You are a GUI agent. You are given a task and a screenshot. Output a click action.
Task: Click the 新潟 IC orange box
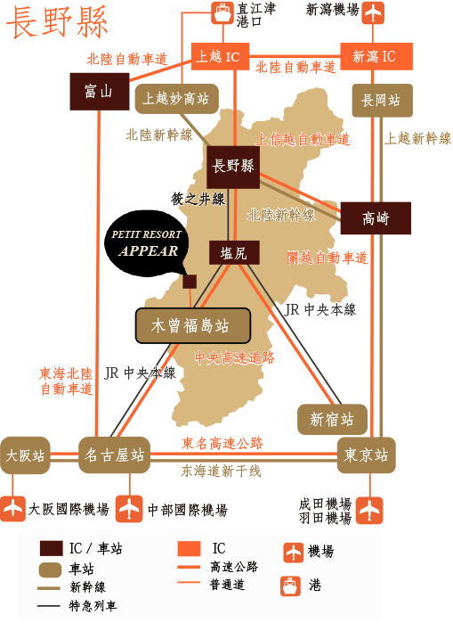[x=374, y=56]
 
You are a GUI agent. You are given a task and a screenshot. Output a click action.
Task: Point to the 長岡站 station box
[x=382, y=101]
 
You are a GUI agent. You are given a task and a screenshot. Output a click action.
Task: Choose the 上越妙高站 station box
[x=175, y=99]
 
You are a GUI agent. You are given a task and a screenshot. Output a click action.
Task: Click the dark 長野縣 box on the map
[x=233, y=167]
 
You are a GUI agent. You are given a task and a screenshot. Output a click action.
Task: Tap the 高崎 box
[x=376, y=217]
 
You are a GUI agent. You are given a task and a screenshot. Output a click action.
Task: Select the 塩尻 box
[x=234, y=253]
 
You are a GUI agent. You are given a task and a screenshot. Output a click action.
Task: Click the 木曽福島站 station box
[x=191, y=325]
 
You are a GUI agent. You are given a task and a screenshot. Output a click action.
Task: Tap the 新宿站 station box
[x=332, y=418]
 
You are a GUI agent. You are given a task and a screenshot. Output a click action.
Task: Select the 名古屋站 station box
[x=113, y=455]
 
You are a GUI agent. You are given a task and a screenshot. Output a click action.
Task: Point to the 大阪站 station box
[x=25, y=455]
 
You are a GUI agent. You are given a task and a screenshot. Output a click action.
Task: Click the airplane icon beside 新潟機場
[x=374, y=12]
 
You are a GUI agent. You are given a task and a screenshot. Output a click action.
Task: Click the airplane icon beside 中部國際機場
[x=130, y=509]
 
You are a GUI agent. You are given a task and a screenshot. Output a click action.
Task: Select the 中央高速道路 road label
[x=235, y=356]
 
